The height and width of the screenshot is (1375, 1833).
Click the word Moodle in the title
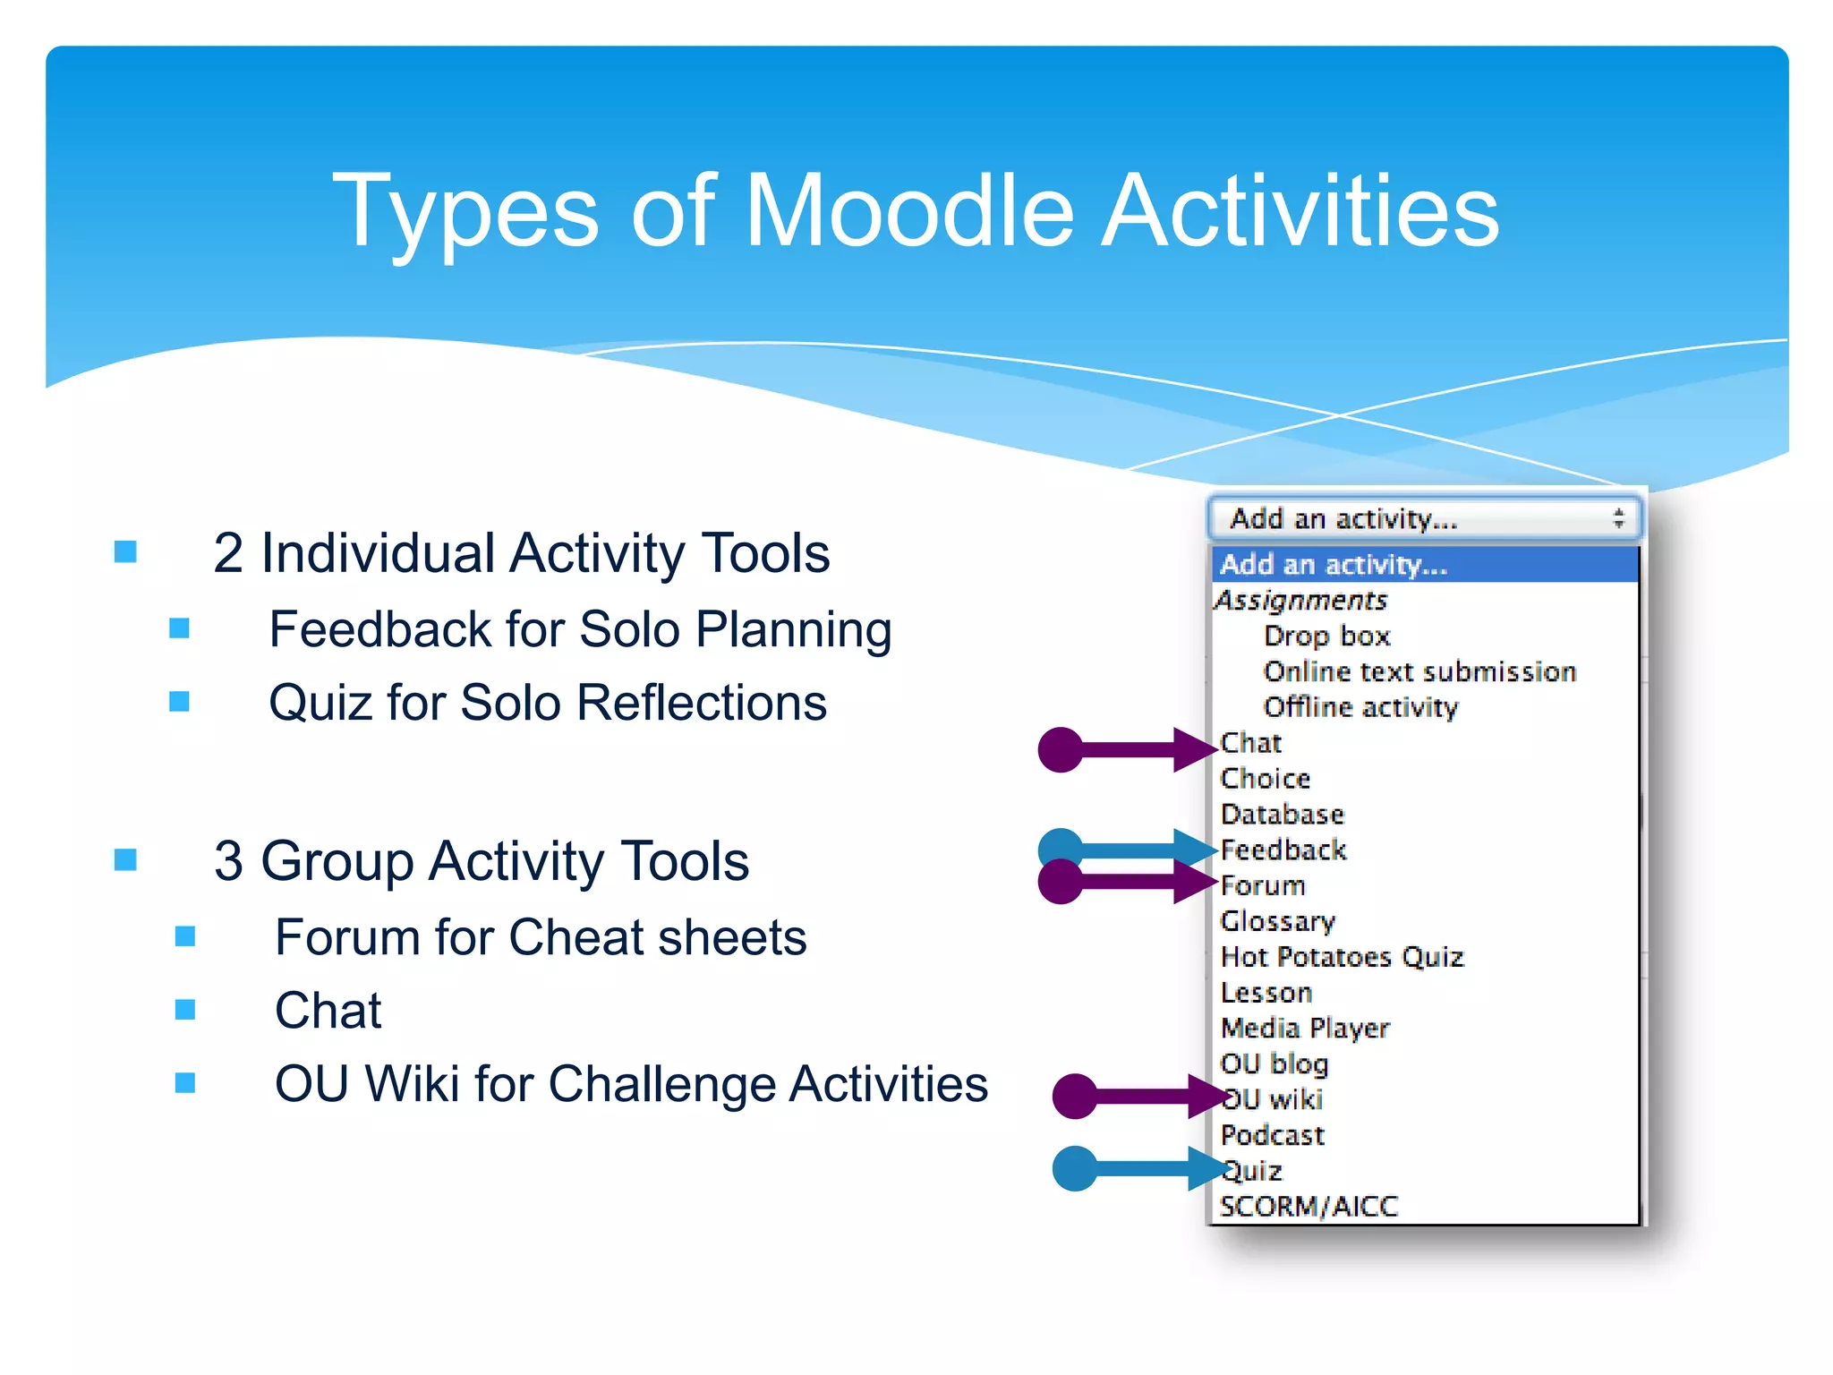(x=908, y=211)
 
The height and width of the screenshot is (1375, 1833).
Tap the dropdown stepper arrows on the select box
(x=1618, y=518)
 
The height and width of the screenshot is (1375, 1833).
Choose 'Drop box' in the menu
(x=1326, y=636)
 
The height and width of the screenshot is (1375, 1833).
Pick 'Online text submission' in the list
(x=1420, y=671)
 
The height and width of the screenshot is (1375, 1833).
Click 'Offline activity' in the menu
(x=1360, y=707)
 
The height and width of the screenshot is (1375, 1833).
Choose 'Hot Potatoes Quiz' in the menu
(x=1342, y=957)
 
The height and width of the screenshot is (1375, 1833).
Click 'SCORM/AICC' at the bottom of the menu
(x=1309, y=1207)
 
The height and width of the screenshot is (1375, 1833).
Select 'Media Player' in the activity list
(x=1305, y=1028)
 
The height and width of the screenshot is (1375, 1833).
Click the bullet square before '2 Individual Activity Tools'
(x=126, y=551)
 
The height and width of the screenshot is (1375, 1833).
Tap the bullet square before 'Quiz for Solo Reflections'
(x=180, y=701)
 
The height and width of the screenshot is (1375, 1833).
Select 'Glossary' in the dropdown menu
(x=1278, y=921)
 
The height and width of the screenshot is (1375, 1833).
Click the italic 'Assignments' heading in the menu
(x=1301, y=600)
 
